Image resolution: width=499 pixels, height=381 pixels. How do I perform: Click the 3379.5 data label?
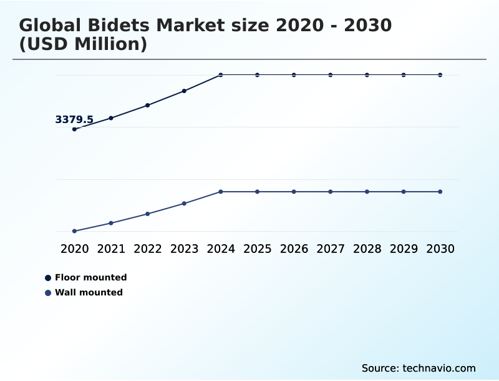pos(74,119)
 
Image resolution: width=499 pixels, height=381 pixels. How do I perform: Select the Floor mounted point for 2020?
pos(74,129)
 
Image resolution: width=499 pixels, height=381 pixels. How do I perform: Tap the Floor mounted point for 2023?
pos(184,91)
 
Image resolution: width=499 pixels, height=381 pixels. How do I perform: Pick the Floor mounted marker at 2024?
pos(221,75)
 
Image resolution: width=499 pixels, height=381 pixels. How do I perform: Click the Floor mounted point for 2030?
pos(440,75)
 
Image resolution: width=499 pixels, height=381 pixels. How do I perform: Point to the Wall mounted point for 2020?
pos(74,231)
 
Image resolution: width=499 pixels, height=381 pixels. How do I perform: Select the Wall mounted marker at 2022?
pos(148,214)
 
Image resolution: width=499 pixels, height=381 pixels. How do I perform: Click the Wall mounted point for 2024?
pos(221,192)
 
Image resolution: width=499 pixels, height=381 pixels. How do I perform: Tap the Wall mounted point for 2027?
pos(331,192)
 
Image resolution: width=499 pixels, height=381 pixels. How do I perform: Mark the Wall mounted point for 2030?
pos(440,192)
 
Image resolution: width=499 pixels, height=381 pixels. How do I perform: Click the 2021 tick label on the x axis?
pos(111,249)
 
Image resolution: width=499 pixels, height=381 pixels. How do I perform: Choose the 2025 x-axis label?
pos(258,249)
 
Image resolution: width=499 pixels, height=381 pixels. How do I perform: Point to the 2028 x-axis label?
pos(367,249)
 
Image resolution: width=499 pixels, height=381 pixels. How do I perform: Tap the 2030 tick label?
pos(440,249)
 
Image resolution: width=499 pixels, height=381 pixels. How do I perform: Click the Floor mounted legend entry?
pos(90,277)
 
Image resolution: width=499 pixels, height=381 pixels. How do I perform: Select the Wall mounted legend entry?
pos(89,292)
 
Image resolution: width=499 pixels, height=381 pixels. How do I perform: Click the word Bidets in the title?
pos(115,26)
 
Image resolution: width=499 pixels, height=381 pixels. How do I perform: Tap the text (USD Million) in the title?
pos(83,44)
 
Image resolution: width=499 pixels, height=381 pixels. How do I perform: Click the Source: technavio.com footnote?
pos(419,368)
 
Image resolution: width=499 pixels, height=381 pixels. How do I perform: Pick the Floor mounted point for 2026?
pos(294,75)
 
